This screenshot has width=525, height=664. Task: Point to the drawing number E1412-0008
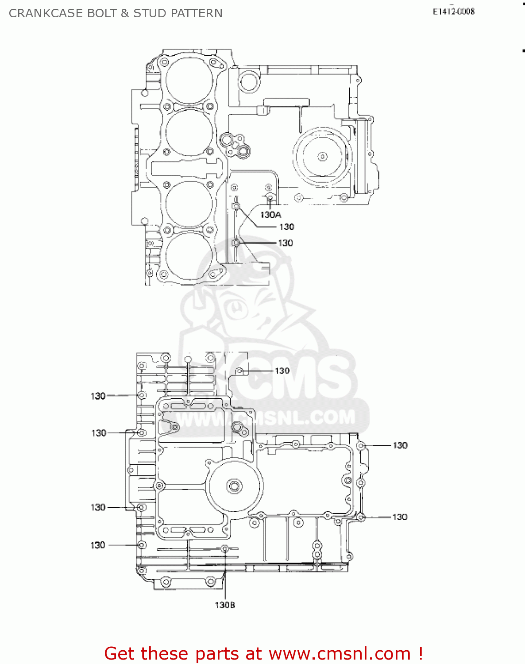click(453, 12)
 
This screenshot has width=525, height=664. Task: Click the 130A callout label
click(270, 215)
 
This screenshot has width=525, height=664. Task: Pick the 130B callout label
click(225, 605)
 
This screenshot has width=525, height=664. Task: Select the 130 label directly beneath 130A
click(286, 227)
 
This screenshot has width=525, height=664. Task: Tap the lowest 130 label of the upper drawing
click(285, 243)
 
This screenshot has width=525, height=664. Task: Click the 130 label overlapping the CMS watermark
click(282, 371)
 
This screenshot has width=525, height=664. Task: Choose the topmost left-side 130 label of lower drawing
click(98, 396)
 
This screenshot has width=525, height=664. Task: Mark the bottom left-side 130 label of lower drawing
click(98, 545)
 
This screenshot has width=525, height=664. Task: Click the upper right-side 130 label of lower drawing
click(400, 445)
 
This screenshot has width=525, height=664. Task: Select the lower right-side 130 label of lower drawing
click(400, 517)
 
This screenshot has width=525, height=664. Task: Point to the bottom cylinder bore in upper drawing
click(189, 255)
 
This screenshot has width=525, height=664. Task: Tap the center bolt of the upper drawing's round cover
click(322, 156)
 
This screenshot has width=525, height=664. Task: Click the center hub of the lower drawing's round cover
click(234, 486)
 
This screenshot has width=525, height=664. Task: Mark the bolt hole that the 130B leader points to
click(225, 549)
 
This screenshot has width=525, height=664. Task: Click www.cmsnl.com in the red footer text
click(340, 654)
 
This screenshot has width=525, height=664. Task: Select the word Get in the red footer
click(120, 654)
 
